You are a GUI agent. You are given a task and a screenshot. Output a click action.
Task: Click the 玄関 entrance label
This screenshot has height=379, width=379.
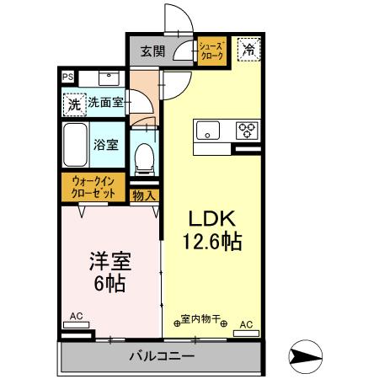pyautogui.click(x=152, y=51)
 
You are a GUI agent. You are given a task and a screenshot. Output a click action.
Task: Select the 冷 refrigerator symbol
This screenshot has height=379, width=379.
pyautogui.click(x=248, y=50)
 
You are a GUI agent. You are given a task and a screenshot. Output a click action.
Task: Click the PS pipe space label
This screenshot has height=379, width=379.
pyautogui.click(x=67, y=77)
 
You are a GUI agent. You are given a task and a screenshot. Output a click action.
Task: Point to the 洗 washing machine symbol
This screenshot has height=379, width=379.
pyautogui.click(x=74, y=105)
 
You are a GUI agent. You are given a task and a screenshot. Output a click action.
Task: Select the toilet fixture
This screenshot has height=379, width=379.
pyautogui.click(x=144, y=156)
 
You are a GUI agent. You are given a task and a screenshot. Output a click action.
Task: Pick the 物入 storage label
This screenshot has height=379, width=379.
pyautogui.click(x=144, y=195)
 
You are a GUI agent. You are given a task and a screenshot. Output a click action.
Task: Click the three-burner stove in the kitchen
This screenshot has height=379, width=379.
pyautogui.click(x=247, y=130)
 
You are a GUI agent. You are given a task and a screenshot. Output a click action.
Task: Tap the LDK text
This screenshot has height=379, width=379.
pyautogui.click(x=209, y=219)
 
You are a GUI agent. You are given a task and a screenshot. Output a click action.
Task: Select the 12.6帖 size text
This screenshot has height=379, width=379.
pyautogui.click(x=212, y=243)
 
